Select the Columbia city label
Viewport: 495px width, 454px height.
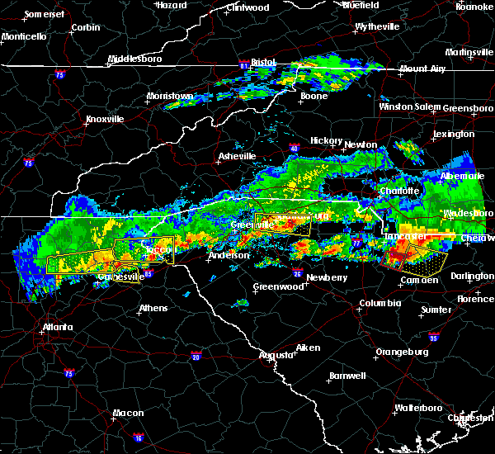pos(379,303)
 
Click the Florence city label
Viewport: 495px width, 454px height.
pos(476,298)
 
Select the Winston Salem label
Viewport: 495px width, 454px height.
pos(410,106)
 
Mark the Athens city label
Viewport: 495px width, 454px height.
pos(153,308)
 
